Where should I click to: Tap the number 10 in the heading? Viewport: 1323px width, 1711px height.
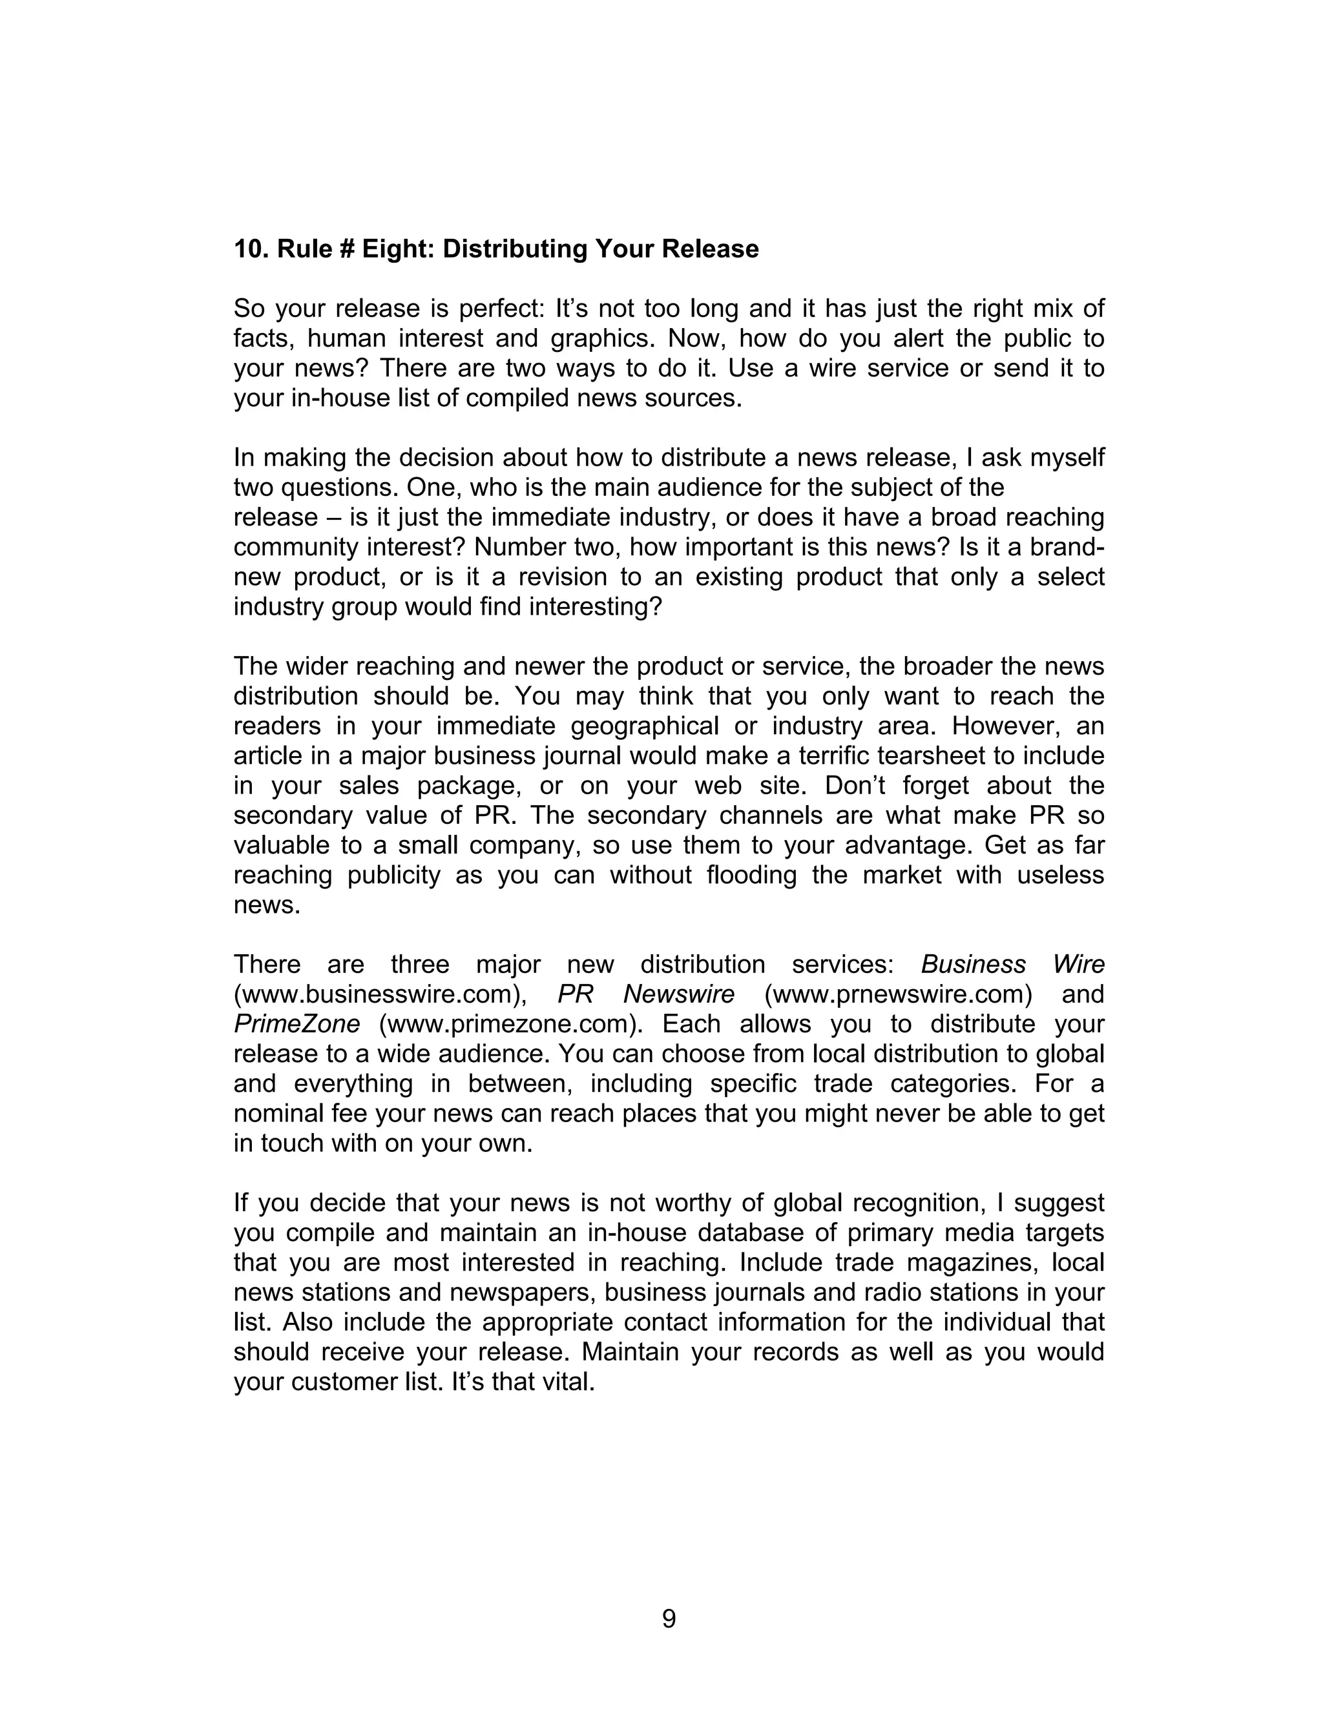click(x=247, y=249)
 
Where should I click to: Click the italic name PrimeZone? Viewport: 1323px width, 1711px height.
click(x=297, y=1024)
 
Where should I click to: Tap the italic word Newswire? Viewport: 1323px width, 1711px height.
click(x=679, y=994)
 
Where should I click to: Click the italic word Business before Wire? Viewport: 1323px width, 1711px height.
click(x=973, y=965)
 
